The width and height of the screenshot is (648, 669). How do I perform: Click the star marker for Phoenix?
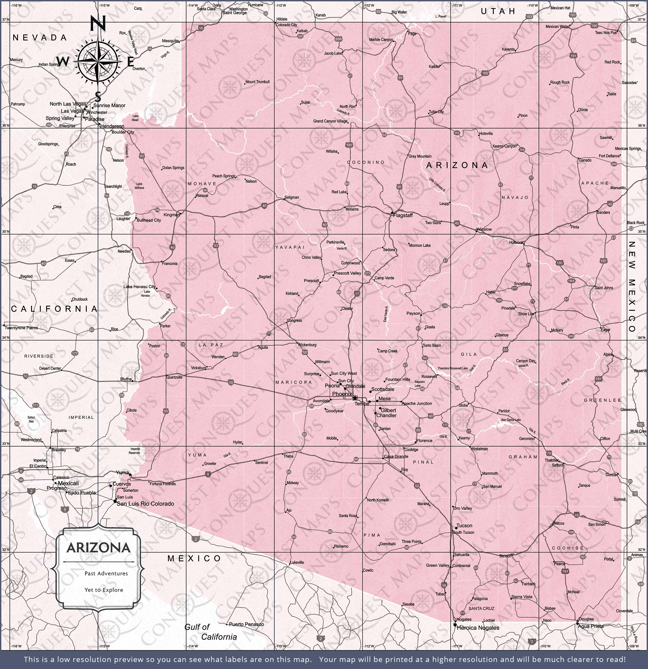coord(355,398)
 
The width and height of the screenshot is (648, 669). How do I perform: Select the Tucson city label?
coord(464,526)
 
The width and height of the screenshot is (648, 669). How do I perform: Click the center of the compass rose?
coord(98,62)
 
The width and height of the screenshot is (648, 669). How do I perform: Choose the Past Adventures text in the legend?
coord(106,574)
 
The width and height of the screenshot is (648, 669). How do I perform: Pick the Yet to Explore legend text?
coord(104,590)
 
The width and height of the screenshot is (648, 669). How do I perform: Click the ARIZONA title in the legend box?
coord(99,548)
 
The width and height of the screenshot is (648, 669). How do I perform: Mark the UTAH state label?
coord(498,11)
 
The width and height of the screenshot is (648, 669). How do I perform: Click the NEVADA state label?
coord(39,38)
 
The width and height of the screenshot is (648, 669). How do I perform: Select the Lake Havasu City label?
coord(139,287)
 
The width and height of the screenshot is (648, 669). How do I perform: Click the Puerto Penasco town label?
coord(247,624)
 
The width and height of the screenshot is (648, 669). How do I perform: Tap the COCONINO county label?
coord(366,162)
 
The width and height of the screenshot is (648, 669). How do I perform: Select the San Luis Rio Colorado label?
coord(145,504)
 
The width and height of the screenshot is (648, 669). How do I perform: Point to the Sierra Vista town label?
coord(522,597)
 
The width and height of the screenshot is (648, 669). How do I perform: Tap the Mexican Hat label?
coord(561,8)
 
